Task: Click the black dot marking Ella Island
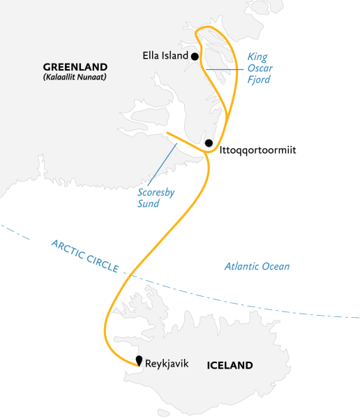[x=195, y=57]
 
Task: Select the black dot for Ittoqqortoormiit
[x=209, y=143]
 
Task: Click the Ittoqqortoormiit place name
[x=257, y=149]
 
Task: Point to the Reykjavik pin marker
[x=140, y=361]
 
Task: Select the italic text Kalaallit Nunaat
[x=73, y=76]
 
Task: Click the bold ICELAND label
[x=230, y=365]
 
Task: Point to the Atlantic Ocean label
[x=257, y=266]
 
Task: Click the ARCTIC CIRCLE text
[x=84, y=257]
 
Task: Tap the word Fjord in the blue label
[x=258, y=80]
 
